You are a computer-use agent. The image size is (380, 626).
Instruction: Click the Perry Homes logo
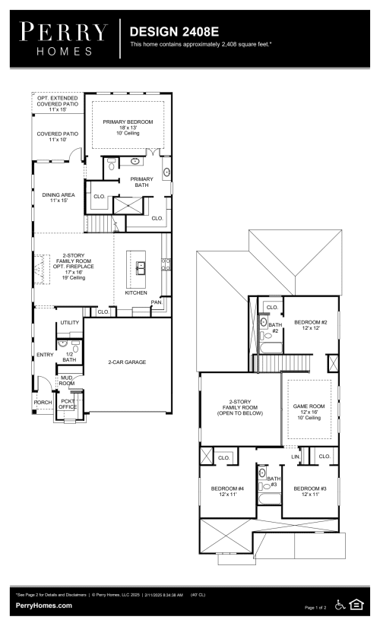click(64, 39)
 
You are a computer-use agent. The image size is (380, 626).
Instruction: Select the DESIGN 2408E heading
click(174, 32)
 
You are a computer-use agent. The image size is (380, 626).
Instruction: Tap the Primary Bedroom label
click(128, 122)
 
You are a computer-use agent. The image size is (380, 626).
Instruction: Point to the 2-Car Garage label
click(127, 362)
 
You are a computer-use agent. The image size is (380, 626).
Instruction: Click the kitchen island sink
click(141, 268)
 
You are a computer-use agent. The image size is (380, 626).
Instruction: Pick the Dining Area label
click(59, 194)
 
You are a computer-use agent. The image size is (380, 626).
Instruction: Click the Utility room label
click(69, 323)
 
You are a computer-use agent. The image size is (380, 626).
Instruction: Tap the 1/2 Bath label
click(69, 357)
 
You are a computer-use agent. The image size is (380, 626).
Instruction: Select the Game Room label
click(309, 406)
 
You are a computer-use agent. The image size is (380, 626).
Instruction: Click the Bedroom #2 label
click(311, 322)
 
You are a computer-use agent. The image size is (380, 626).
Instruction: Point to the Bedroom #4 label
click(228, 488)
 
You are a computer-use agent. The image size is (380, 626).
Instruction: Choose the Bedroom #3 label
click(310, 488)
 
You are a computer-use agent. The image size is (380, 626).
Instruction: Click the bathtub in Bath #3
click(269, 499)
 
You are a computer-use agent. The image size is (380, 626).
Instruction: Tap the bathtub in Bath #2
click(271, 348)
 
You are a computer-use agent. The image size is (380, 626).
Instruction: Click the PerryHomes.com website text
click(44, 605)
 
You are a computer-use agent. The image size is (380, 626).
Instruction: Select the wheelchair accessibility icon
click(340, 605)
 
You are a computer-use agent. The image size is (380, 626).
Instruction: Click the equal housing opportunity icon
click(356, 605)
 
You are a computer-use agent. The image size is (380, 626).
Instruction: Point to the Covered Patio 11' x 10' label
click(58, 137)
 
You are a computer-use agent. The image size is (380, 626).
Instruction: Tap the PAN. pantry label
click(157, 302)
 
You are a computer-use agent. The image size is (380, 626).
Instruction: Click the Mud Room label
click(67, 381)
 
